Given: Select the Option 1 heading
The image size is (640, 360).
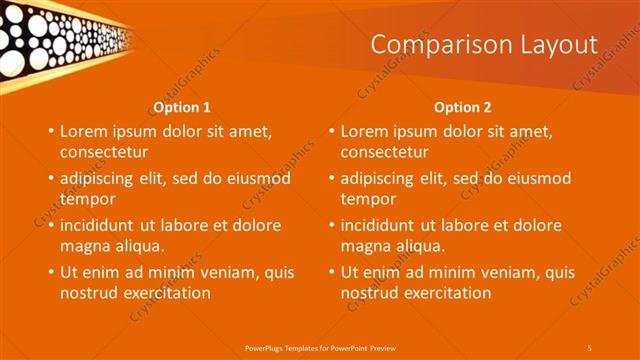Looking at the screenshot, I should coord(182,107).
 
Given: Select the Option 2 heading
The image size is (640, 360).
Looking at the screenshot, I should coord(462,107).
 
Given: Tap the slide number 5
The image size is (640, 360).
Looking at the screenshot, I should coord(589,347).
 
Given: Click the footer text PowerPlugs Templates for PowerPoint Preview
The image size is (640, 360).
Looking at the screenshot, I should coord(319,347).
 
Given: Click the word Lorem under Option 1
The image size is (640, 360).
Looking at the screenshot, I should coord(83,131).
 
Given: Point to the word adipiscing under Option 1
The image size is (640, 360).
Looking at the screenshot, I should coord(103,179).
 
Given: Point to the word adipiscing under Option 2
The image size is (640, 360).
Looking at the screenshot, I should coord(383,179).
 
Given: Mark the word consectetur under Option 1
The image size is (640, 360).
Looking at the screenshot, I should coord(104,152).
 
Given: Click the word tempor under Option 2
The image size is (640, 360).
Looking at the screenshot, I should coord(367,199).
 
